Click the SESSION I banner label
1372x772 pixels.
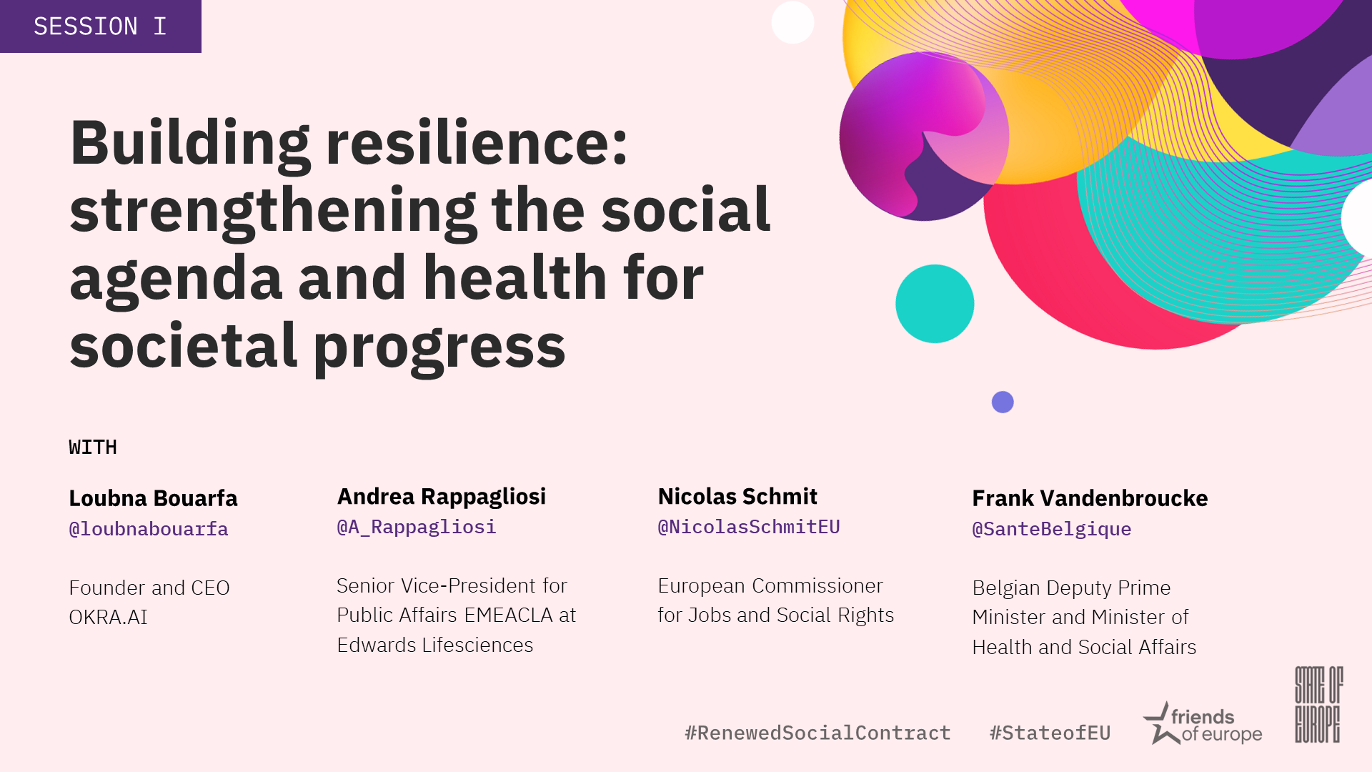(x=100, y=26)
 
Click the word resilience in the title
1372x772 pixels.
(x=477, y=143)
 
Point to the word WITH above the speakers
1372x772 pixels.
(x=93, y=447)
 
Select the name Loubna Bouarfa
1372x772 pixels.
(x=153, y=498)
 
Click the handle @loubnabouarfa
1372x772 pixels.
(x=149, y=529)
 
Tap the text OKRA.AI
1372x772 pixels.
(x=108, y=617)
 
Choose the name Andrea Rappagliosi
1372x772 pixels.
(x=442, y=497)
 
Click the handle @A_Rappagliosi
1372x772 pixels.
(x=417, y=527)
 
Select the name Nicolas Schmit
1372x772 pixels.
(x=737, y=496)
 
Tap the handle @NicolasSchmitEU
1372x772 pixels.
(x=749, y=527)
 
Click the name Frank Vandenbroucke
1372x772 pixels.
(x=1090, y=498)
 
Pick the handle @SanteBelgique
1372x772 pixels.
(x=1052, y=529)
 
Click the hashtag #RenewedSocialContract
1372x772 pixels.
(x=817, y=733)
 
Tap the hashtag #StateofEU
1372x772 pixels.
(x=1050, y=733)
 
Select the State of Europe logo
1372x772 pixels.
(x=1319, y=705)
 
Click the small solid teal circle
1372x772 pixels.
(x=935, y=304)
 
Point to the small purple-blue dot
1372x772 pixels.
(x=1003, y=402)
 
